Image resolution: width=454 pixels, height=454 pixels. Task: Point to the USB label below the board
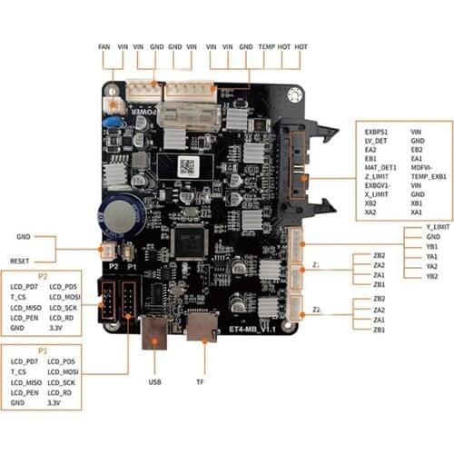click(x=154, y=382)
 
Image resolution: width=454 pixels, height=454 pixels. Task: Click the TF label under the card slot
click(x=199, y=382)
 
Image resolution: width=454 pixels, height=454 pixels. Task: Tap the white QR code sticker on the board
click(x=189, y=166)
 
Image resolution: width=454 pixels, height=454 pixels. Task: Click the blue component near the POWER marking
click(x=113, y=122)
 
